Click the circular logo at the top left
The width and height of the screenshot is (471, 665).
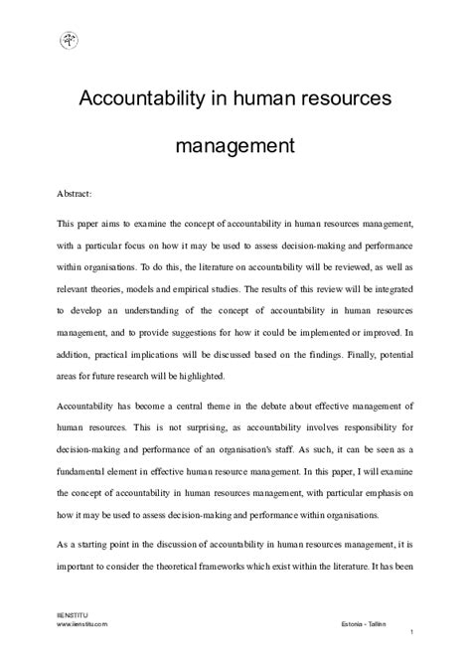click(x=69, y=41)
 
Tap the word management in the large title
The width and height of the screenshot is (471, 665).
click(x=235, y=146)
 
